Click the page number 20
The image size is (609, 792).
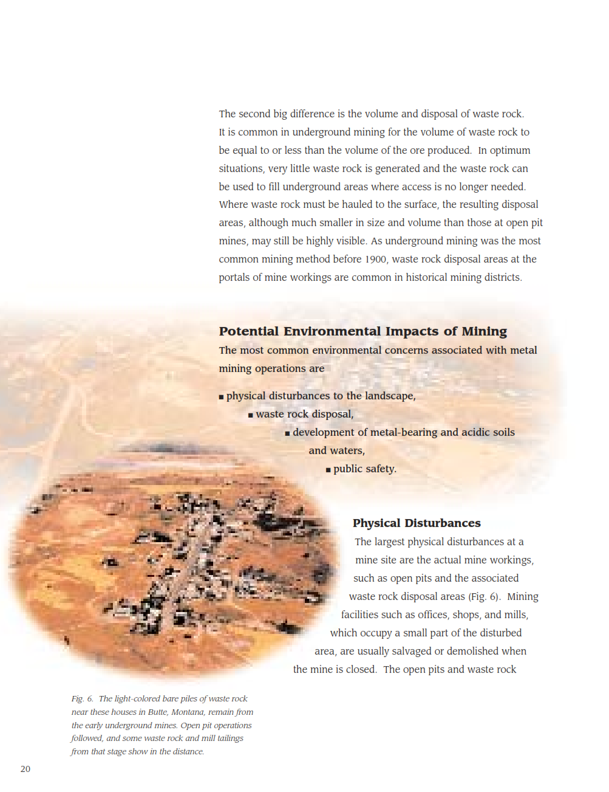pos(26,769)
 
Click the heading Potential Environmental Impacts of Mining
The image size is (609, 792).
pos(362,331)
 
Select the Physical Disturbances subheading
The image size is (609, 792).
pos(417,523)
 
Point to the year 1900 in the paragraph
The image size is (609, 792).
pos(375,260)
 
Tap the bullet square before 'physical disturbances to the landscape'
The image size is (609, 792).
pos(222,397)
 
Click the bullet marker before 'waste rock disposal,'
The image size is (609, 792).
pos(251,415)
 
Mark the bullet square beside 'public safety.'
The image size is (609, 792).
pos(328,470)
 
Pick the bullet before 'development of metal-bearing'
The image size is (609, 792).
pos(288,433)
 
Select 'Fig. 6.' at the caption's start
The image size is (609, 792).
pos(82,699)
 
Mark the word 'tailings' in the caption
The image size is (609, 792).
pos(230,739)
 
